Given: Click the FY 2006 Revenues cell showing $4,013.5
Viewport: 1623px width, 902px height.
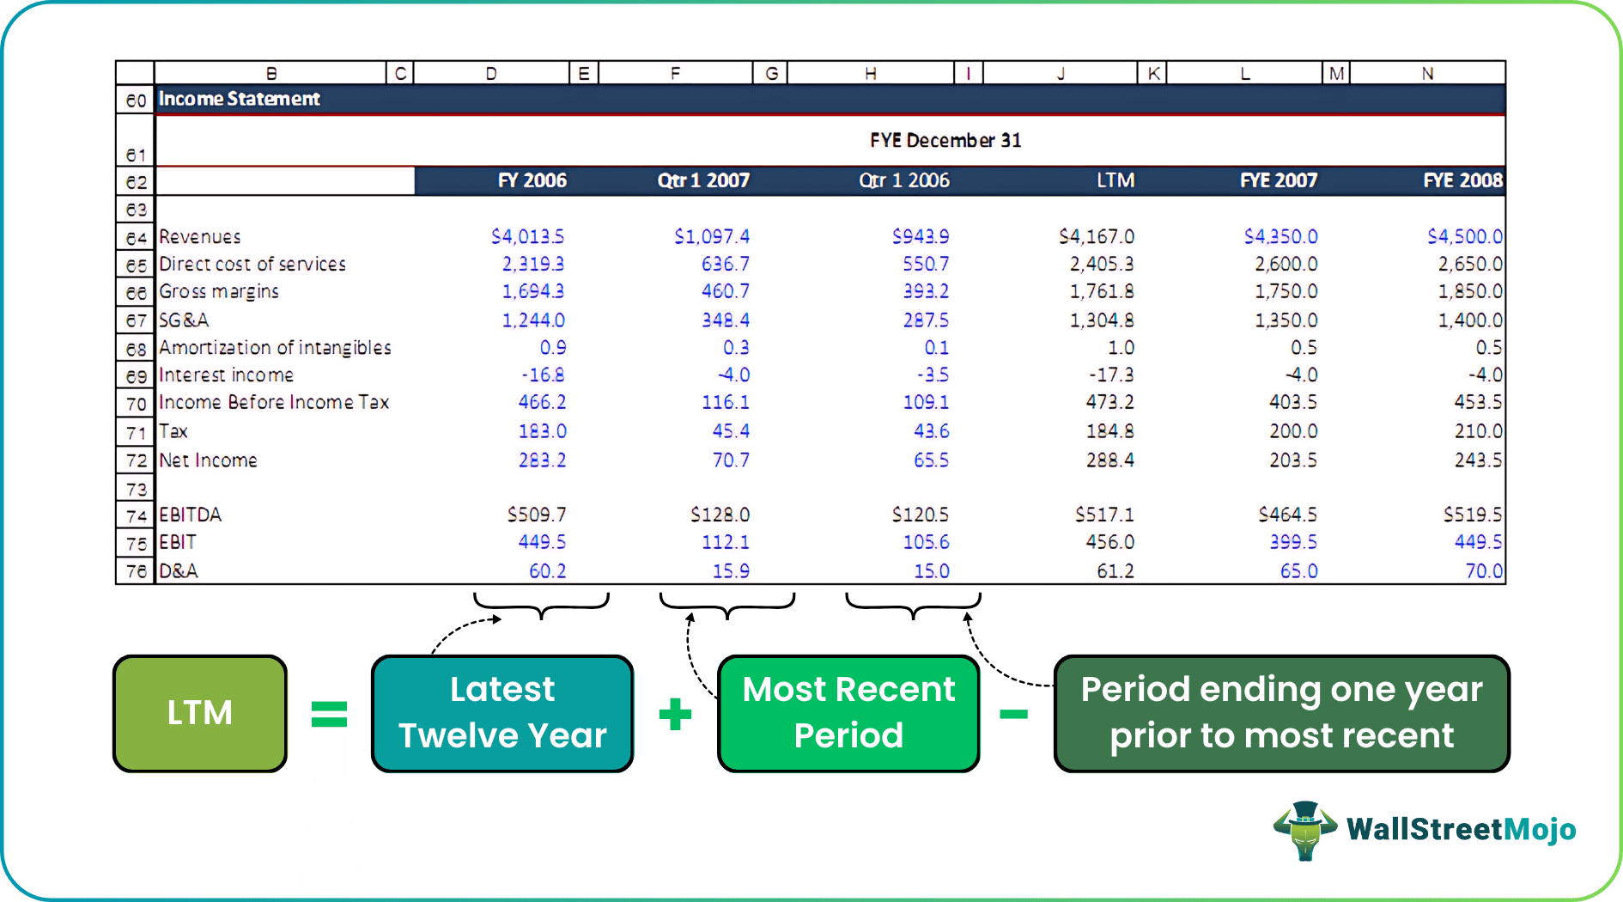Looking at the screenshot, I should (x=527, y=236).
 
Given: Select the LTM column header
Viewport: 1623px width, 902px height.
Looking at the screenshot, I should (x=1115, y=180).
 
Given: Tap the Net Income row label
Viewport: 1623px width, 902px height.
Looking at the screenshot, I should (x=208, y=460).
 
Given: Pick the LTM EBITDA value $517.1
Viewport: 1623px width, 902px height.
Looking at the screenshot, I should (x=1104, y=515).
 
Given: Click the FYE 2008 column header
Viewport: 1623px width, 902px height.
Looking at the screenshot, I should (x=1462, y=180).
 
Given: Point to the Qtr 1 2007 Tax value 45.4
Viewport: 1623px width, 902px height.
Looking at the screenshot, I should (x=730, y=431).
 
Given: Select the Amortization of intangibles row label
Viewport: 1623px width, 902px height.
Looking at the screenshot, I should (x=275, y=348).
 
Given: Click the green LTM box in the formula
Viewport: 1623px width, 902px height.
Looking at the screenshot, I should (x=200, y=713).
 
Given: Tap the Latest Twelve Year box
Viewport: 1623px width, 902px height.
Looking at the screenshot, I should (x=502, y=713).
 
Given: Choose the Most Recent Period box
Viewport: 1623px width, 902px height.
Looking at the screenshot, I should (x=848, y=713).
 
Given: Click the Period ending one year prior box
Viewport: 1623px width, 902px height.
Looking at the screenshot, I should (x=1281, y=713).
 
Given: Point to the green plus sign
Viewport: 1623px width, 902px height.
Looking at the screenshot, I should (x=675, y=714).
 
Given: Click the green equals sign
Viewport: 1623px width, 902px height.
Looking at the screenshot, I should (x=329, y=714).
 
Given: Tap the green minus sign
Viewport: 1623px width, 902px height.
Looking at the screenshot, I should (x=1014, y=714).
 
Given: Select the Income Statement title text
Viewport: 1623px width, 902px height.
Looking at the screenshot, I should (x=239, y=100).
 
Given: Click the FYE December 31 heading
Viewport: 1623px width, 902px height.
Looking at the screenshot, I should (x=945, y=140).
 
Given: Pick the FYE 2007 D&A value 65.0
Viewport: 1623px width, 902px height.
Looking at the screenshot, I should (x=1298, y=571).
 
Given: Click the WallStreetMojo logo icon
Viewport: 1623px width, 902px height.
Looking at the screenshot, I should (x=1305, y=830).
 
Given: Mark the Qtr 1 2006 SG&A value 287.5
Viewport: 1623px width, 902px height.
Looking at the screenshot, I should (x=926, y=320).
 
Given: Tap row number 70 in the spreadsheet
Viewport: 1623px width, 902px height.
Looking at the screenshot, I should (x=136, y=404).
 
